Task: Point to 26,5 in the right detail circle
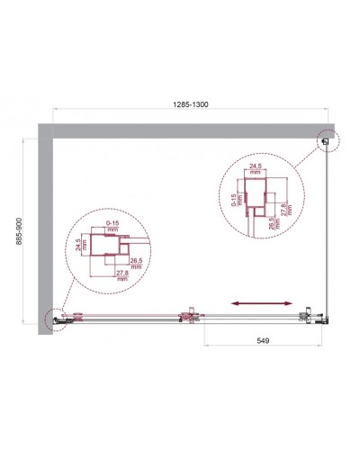tap(271, 223)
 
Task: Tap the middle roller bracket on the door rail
tap(190, 315)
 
